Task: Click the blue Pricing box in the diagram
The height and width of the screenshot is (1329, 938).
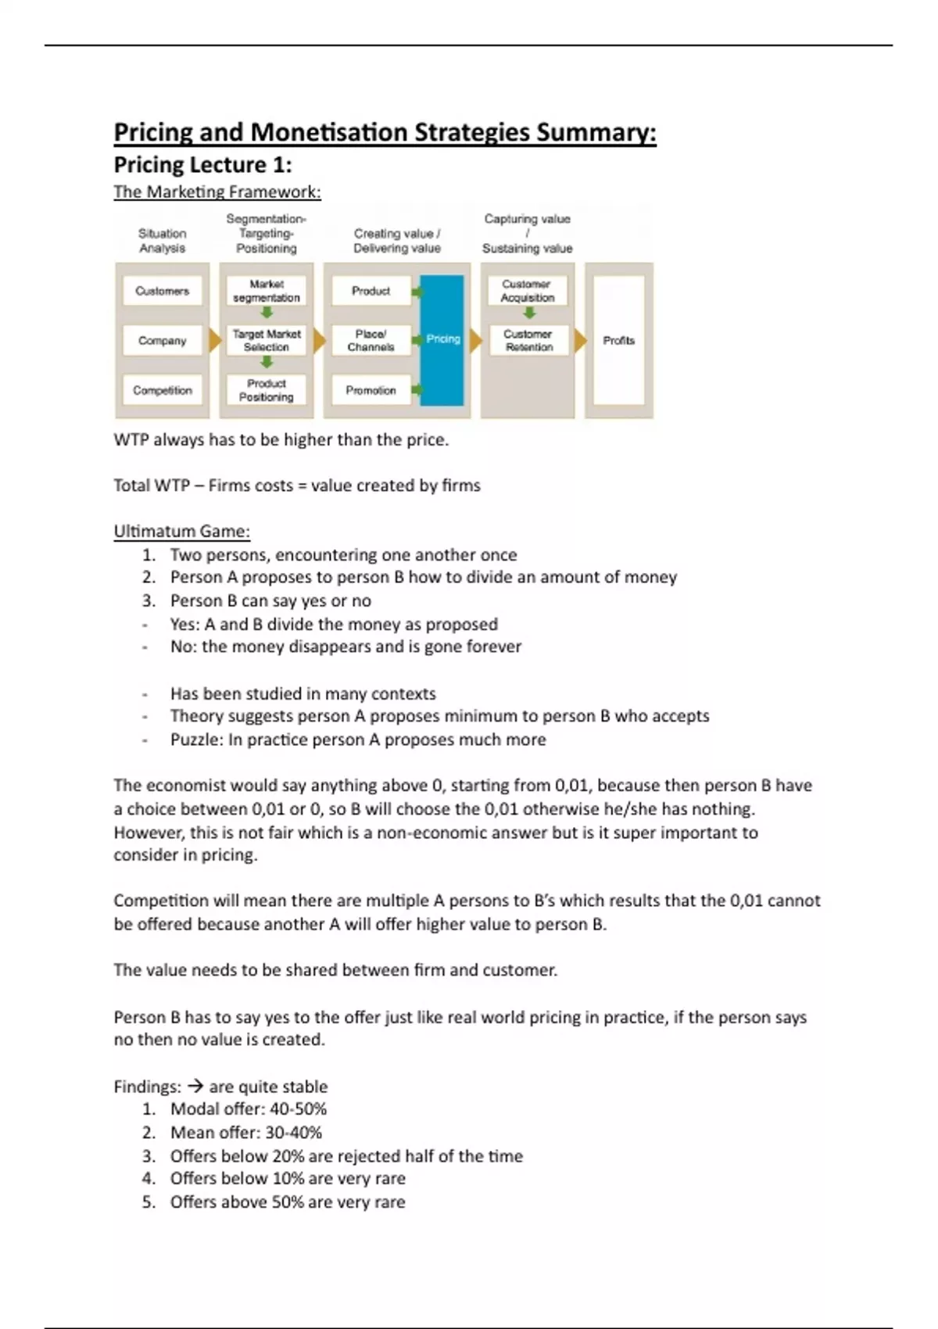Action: [x=442, y=339]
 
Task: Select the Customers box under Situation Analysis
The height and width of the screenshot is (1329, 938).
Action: [x=162, y=291]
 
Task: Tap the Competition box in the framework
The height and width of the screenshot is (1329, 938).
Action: [x=162, y=390]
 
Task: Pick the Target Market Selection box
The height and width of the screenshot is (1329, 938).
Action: [x=267, y=340]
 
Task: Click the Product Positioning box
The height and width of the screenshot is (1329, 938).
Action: [x=267, y=390]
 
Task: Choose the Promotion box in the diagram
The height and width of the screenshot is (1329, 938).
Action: [x=371, y=390]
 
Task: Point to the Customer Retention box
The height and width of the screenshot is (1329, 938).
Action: [x=528, y=340]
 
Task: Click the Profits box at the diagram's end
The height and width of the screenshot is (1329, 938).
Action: [x=618, y=340]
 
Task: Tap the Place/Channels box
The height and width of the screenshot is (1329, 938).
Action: [x=371, y=340]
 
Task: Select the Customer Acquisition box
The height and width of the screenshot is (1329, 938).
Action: [x=528, y=291]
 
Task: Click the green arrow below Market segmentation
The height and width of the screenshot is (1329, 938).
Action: [x=267, y=313]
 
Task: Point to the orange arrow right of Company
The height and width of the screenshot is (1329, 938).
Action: [x=215, y=340]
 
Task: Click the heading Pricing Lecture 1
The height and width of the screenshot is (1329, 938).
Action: [x=202, y=165]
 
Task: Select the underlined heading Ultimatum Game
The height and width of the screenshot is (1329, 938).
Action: [x=181, y=532]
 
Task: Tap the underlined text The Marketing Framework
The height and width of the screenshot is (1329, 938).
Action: [x=217, y=192]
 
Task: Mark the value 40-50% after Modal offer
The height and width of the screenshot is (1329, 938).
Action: [x=298, y=1109]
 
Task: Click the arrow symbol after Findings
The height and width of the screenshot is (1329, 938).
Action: [x=195, y=1087]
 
